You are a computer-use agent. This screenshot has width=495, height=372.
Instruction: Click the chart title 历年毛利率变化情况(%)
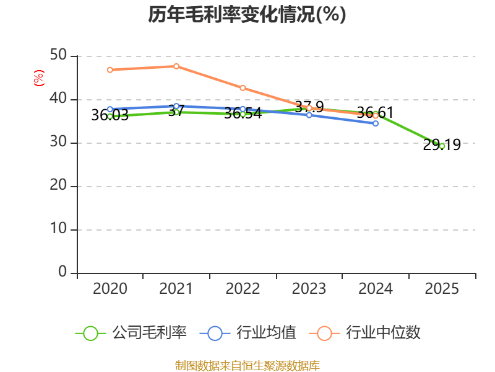pos(247,15)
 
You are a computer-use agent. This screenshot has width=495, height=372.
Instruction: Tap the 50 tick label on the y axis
pos(59,56)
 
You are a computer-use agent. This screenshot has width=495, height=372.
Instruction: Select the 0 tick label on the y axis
pos(63,272)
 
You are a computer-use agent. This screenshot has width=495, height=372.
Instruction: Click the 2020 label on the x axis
pos(110,289)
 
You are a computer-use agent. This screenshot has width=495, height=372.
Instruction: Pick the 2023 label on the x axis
pos(309,289)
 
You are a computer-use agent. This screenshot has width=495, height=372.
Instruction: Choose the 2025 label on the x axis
pos(442,289)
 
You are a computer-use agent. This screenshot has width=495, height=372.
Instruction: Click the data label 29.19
pos(442,145)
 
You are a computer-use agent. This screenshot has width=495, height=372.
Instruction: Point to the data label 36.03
pos(110,115)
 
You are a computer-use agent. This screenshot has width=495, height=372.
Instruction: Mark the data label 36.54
pos(243,114)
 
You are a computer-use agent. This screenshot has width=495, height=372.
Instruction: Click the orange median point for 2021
pos(176,66)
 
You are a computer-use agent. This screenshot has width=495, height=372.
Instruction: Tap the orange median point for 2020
pos(110,70)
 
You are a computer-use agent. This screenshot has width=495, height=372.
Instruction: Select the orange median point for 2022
pos(243,88)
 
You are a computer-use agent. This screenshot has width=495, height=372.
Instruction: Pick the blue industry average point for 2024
pos(376,123)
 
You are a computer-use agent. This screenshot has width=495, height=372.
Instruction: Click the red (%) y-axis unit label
pos(39,78)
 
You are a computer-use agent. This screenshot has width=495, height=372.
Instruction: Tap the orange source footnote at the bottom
pos(247,365)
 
